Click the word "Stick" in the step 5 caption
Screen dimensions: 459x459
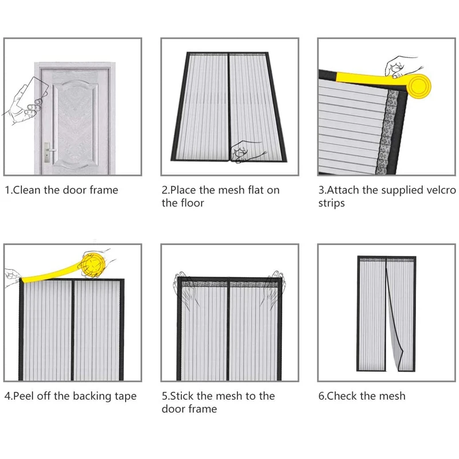pos(184,396)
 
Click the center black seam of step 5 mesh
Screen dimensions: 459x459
pos(228,333)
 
